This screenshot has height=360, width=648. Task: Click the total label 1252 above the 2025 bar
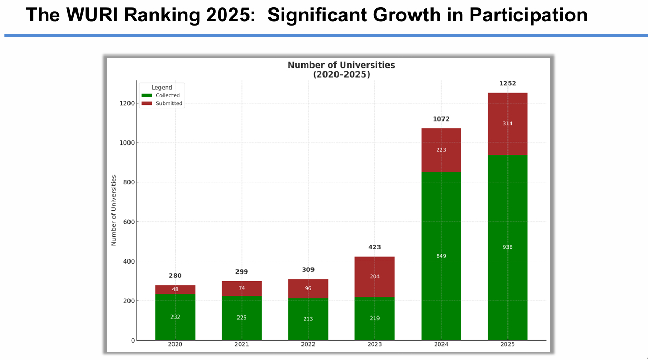(507, 83)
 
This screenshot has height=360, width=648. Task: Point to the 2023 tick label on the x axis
(374, 345)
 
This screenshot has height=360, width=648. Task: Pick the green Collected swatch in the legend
(146, 95)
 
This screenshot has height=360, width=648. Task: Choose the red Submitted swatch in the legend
(146, 103)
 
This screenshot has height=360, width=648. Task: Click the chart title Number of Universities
(341, 65)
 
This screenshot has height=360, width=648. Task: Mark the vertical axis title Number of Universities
(114, 210)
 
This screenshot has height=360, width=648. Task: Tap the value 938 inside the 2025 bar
(507, 247)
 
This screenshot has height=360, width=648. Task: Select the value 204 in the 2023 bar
(374, 277)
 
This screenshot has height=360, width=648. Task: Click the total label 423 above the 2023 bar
(374, 247)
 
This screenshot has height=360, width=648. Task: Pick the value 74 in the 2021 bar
(242, 288)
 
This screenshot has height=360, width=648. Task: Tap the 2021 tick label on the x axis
(242, 345)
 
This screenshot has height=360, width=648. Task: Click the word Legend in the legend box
(161, 88)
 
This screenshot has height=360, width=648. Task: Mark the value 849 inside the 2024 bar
(441, 256)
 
